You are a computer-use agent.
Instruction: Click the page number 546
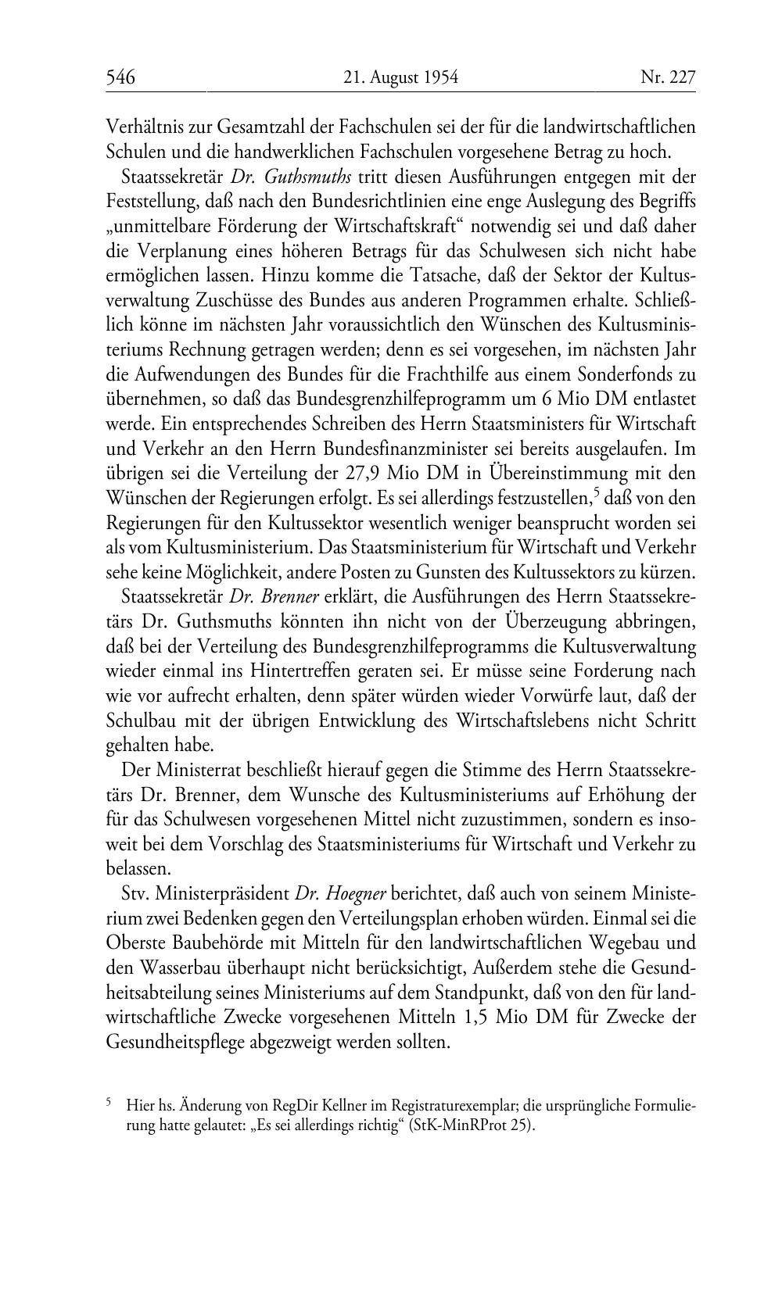pyautogui.click(x=121, y=77)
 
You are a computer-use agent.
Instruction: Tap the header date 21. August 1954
pyautogui.click(x=400, y=77)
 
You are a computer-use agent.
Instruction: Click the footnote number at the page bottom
pyautogui.click(x=109, y=1103)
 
